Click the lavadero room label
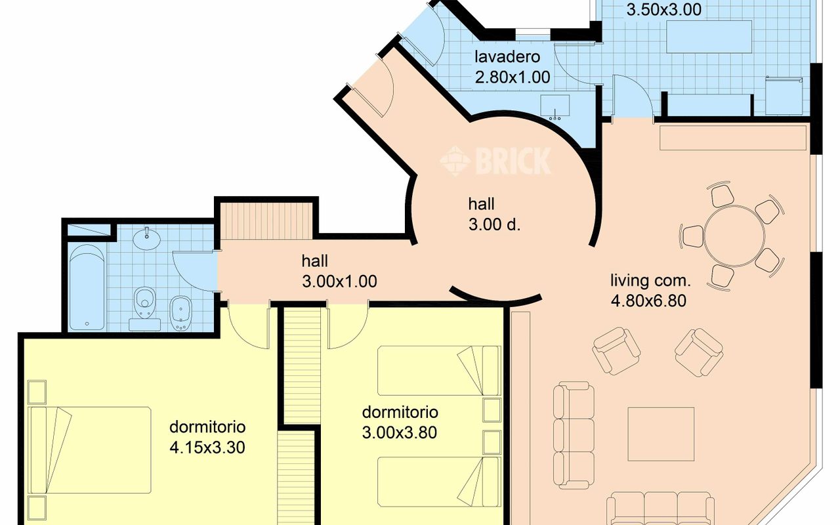coord(507,56)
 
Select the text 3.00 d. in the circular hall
coord(494,224)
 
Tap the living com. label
coord(650,282)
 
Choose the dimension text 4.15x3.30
coord(207,448)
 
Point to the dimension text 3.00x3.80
coord(399,432)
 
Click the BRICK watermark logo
coord(496,161)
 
